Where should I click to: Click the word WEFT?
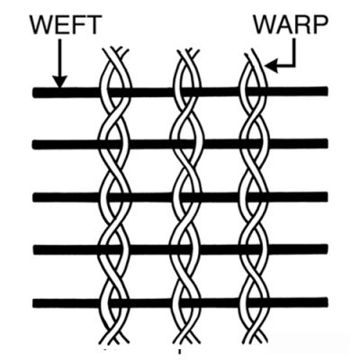click(64, 25)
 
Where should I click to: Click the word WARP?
click(290, 24)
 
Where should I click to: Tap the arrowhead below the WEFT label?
click(60, 81)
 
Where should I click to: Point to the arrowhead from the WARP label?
click(271, 66)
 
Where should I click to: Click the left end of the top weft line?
click(34, 93)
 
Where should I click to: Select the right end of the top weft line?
click(326, 90)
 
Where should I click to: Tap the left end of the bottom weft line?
click(34, 303)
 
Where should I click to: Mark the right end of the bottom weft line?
click(326, 301)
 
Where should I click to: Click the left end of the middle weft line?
click(34, 198)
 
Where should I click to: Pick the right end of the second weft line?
click(326, 143)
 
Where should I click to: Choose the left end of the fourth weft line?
click(34, 250)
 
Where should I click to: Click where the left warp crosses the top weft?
click(115, 93)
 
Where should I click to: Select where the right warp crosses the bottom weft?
click(254, 302)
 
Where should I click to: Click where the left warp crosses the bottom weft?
click(115, 302)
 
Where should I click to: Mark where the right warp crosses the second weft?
click(254, 143)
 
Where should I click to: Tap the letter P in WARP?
click(319, 24)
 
